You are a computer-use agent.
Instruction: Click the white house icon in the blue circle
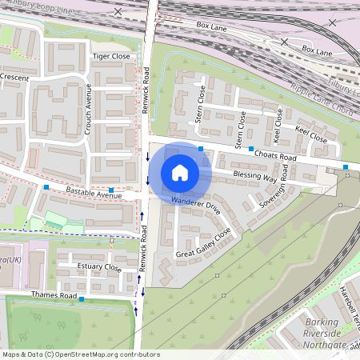(180, 172)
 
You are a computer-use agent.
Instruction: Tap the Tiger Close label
(111, 57)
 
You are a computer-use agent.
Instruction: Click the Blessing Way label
(254, 176)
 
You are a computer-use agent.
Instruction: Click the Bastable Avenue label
(94, 194)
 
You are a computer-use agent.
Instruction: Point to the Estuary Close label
(99, 267)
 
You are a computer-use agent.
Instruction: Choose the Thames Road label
(52, 295)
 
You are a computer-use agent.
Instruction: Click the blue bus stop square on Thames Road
(82, 299)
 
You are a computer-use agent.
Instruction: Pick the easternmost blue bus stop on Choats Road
(346, 167)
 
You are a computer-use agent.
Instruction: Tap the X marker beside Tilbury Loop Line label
(119, 11)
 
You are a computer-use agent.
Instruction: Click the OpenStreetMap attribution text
(80, 354)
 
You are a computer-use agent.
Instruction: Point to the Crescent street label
(14, 77)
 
